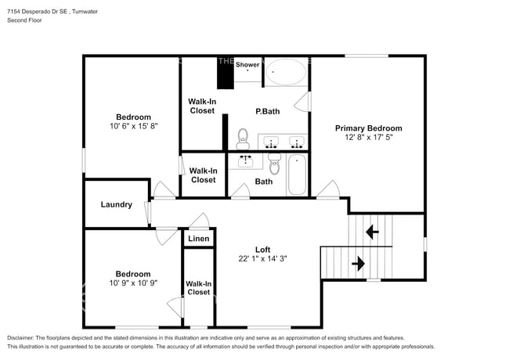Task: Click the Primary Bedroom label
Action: (x=368, y=128)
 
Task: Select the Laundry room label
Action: (x=116, y=205)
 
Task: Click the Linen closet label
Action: (x=199, y=239)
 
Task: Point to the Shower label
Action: (x=247, y=65)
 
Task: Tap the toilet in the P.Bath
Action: (x=243, y=139)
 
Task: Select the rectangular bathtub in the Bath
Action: (x=297, y=175)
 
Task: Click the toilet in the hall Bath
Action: (x=274, y=165)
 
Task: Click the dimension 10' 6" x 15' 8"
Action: (x=132, y=127)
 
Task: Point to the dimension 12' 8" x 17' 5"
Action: (x=368, y=138)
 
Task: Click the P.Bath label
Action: (x=267, y=111)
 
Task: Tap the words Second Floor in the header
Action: (x=24, y=20)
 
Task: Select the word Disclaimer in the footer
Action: (x=24, y=337)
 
